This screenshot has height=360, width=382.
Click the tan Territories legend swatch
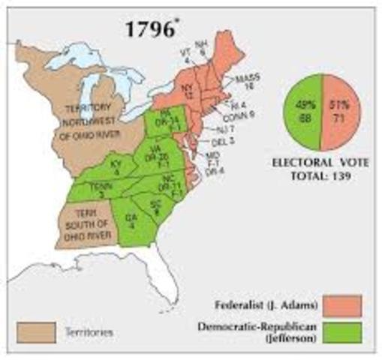35,330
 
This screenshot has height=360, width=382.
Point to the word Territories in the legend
89,330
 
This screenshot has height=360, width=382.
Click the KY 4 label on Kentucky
116,166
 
